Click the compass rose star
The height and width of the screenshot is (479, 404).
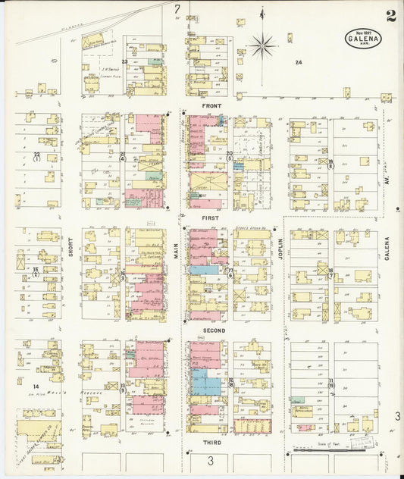pos(263,46)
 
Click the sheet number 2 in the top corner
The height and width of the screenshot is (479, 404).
pos(390,17)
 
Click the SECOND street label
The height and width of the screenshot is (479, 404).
pos(213,331)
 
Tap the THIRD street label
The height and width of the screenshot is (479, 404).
pos(212,441)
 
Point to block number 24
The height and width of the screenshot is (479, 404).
pos(299,62)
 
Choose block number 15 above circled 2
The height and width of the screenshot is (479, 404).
pos(35,269)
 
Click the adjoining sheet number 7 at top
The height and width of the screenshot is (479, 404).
pos(177,9)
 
